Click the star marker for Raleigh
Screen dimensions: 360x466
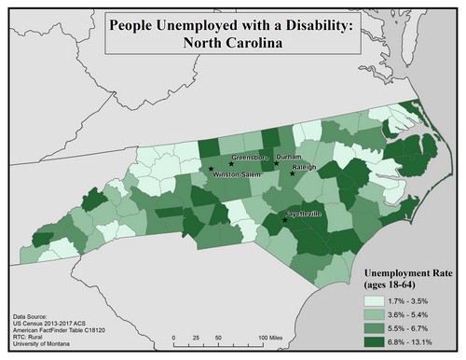(293, 173)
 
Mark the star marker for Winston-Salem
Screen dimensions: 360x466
(212, 169)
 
